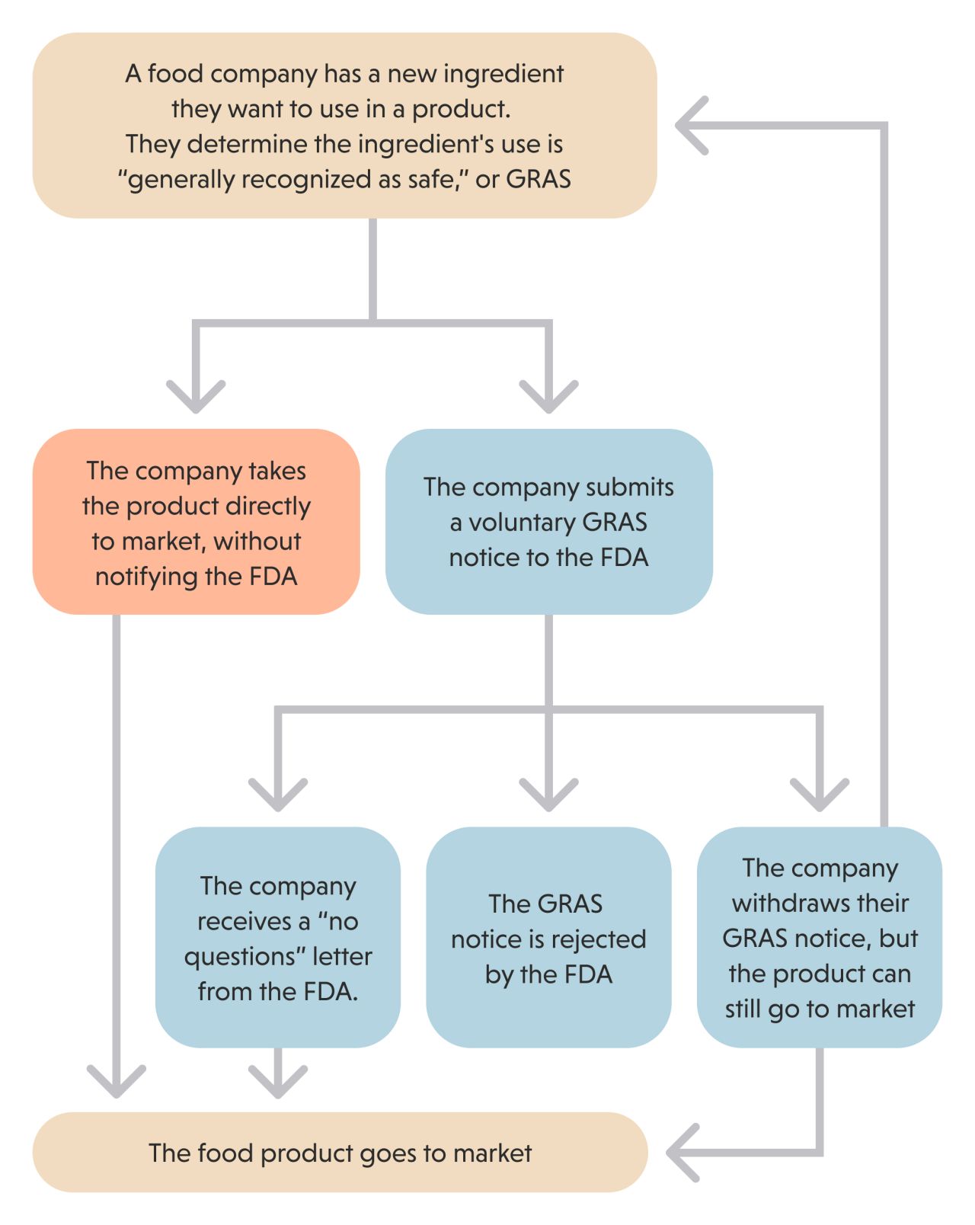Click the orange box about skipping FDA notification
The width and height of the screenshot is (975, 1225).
pyautogui.click(x=196, y=522)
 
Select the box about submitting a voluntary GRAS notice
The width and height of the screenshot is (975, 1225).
pyautogui.click(x=548, y=522)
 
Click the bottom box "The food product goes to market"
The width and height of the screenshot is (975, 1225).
pyautogui.click(x=340, y=1152)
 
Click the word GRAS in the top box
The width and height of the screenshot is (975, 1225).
pyautogui.click(x=539, y=179)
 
